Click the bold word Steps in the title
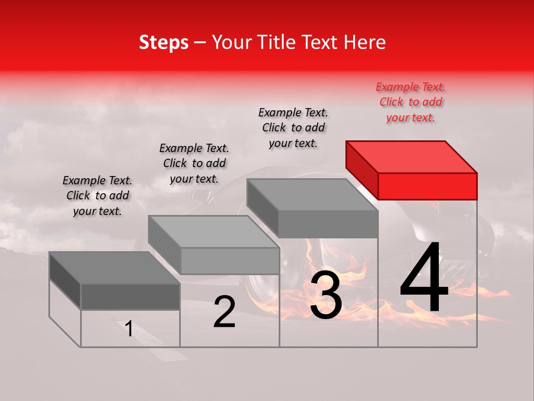164,42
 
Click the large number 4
424,278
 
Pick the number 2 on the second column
225,312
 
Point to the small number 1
129,329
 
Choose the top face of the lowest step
115,268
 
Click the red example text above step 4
411,102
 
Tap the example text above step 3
293,128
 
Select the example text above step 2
194,163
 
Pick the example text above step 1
97,195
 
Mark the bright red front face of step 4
427,186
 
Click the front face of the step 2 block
230,261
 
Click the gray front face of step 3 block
328,224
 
